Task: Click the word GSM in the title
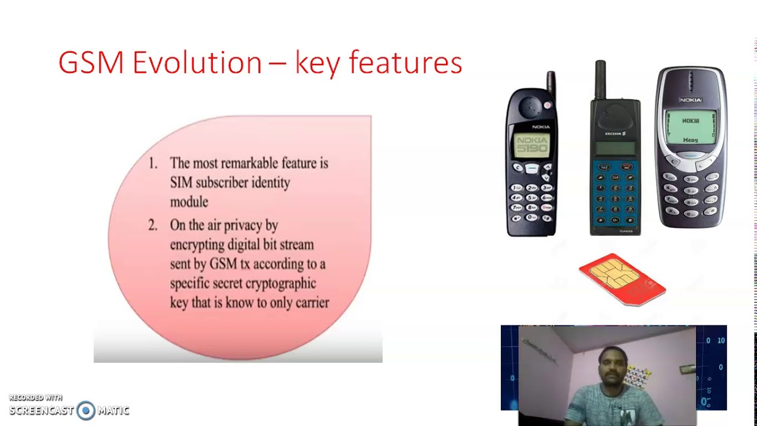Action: point(92,63)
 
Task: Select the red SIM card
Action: point(622,279)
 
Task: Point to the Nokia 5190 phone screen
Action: point(532,145)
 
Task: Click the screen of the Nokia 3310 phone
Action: point(690,127)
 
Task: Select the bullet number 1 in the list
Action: point(153,163)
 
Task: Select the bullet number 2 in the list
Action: point(153,225)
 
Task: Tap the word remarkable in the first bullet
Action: point(249,163)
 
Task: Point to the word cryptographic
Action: point(280,283)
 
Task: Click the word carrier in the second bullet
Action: point(313,303)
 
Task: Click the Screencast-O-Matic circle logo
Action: point(86,411)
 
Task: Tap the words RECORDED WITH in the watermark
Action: point(35,398)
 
